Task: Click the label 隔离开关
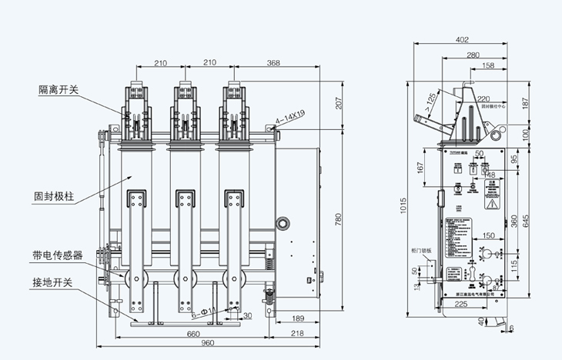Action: pyautogui.click(x=59, y=90)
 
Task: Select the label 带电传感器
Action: pyautogui.click(x=58, y=255)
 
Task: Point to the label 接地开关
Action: pyautogui.click(x=53, y=283)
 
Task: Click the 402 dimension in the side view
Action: pyautogui.click(x=462, y=39)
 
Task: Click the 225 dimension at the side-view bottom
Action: pyautogui.click(x=460, y=305)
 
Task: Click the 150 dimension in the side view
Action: pyautogui.click(x=488, y=235)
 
